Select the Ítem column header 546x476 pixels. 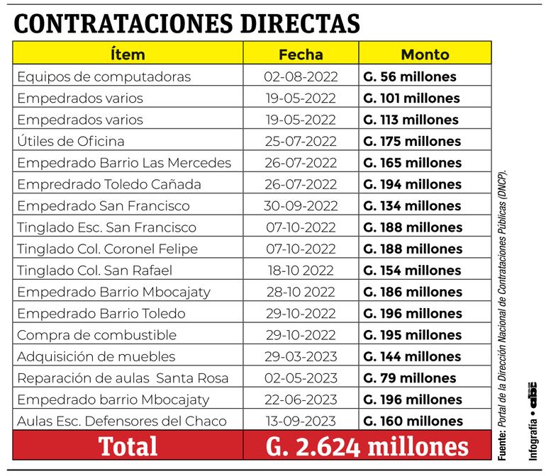[x=128, y=54]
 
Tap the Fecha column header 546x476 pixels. [x=301, y=54]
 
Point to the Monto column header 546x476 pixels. [x=425, y=54]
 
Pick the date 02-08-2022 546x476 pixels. [x=300, y=76]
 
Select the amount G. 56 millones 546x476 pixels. [x=410, y=76]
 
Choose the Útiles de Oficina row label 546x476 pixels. [x=70, y=141]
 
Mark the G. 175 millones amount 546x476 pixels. [x=413, y=141]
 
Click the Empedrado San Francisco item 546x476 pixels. [x=104, y=206]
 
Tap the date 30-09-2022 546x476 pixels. [x=300, y=206]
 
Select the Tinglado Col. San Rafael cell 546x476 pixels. [x=95, y=271]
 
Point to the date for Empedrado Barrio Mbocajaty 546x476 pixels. [x=300, y=292]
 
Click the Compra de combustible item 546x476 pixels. [x=87, y=335]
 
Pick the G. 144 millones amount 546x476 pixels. [x=413, y=356]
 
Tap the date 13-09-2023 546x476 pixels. [x=300, y=421]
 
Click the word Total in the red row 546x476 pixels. [x=128, y=446]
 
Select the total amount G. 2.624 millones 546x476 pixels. [x=367, y=446]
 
